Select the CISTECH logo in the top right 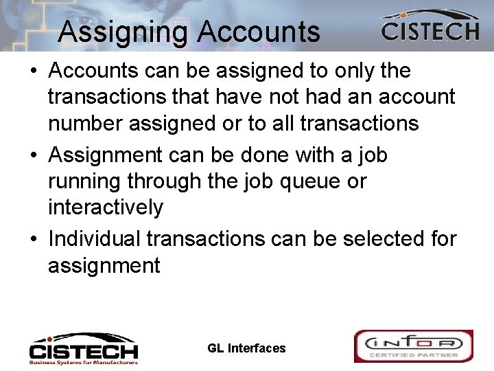point(430,27)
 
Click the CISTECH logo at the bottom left point(83,348)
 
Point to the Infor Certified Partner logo point(413,346)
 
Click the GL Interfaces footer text point(246,348)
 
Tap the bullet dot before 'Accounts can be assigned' point(34,71)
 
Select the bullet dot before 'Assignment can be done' point(34,156)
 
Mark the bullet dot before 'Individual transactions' point(34,239)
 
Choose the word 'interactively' point(106,207)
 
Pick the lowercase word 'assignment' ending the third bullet point(104,265)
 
